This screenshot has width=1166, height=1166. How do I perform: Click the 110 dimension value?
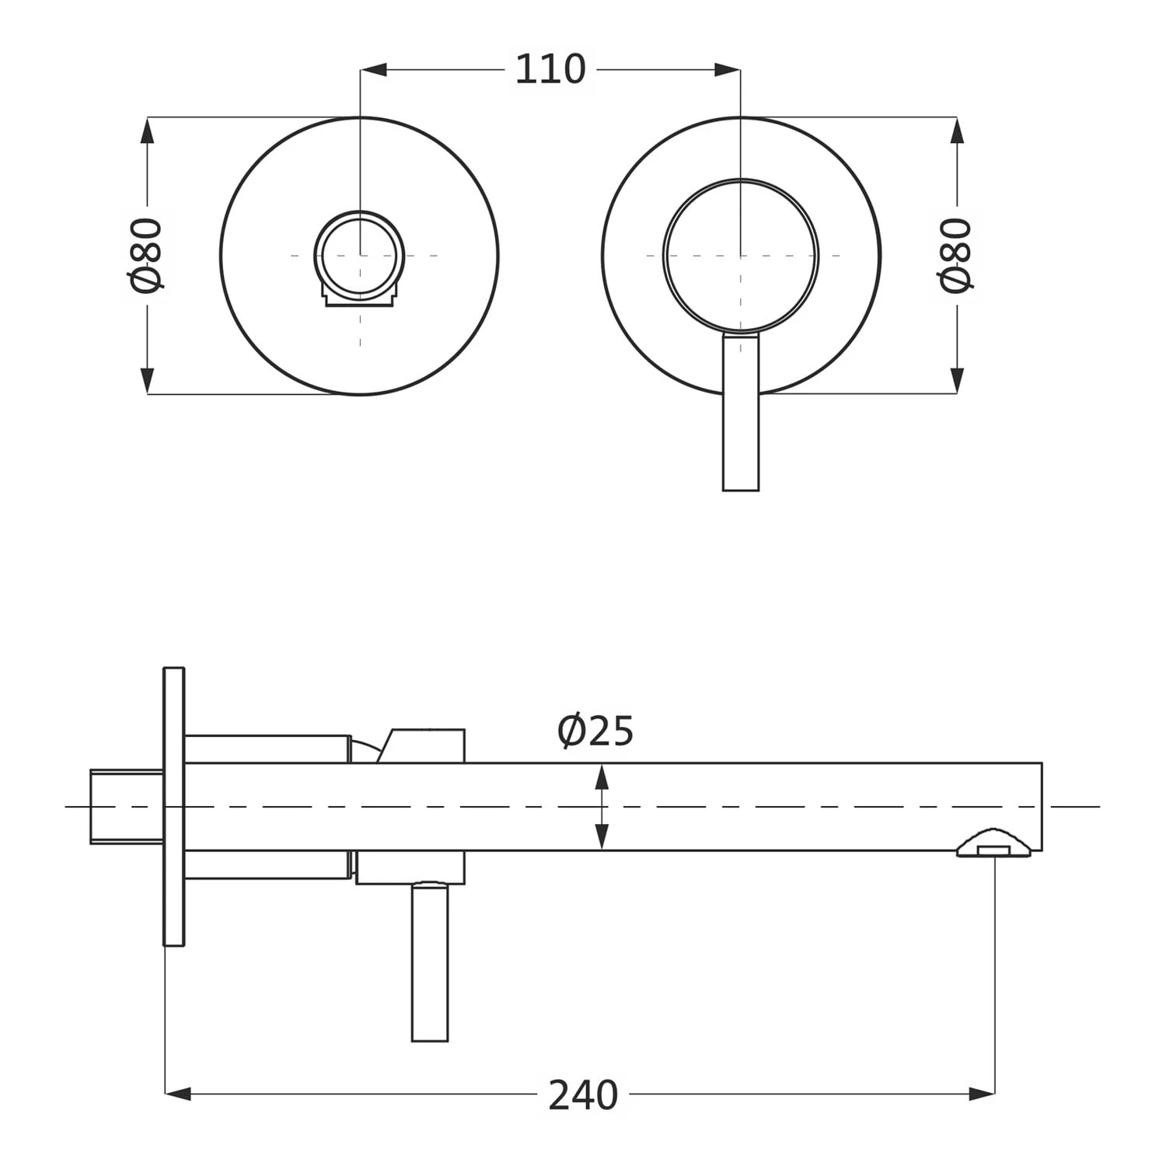550,70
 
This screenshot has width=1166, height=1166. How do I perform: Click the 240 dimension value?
583,1094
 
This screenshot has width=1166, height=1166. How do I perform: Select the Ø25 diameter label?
595,731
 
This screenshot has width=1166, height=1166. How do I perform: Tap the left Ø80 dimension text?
147,255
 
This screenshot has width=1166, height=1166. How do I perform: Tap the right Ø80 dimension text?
956,255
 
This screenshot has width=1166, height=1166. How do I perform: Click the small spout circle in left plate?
359,254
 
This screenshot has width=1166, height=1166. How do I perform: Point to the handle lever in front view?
741,420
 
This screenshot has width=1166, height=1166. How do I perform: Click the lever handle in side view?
430,964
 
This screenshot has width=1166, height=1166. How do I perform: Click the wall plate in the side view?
174,806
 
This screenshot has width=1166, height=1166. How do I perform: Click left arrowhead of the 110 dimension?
374,70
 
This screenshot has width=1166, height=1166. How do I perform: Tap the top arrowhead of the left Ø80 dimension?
147,131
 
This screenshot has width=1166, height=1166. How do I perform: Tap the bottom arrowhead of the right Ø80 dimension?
956,381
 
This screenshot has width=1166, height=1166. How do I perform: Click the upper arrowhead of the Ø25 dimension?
602,776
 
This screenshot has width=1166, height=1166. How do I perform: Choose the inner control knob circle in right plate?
741,256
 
